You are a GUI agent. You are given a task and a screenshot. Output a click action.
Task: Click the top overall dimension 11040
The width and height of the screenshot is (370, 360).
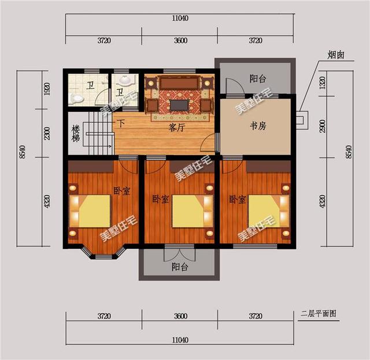[x=179, y=19]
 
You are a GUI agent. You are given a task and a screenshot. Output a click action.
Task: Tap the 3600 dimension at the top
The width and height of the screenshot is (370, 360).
[x=180, y=41]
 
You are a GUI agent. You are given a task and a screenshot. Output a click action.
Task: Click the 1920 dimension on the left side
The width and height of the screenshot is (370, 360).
[x=47, y=89]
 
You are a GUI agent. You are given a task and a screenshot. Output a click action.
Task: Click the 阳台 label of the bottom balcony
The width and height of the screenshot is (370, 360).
[x=180, y=267]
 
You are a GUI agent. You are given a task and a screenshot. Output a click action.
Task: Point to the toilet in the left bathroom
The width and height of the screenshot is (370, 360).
[x=76, y=98]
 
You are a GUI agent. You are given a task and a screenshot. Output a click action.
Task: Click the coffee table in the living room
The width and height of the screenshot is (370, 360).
[x=179, y=105]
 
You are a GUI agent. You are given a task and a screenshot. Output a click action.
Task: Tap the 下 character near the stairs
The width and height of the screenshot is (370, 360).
[x=121, y=123]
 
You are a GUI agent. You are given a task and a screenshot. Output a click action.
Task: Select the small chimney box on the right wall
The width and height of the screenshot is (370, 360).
[x=301, y=120]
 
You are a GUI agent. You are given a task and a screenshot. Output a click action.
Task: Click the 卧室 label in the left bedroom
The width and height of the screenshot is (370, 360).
[x=121, y=190]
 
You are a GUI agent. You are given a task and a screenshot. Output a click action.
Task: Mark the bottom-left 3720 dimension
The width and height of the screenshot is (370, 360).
[x=104, y=317]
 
